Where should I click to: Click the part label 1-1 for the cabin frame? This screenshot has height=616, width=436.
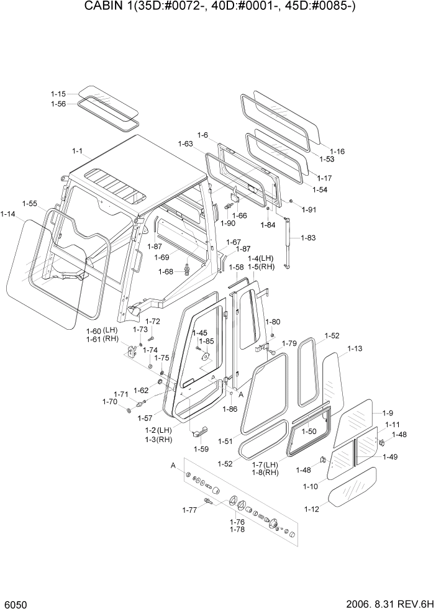pyautogui.click(x=78, y=151)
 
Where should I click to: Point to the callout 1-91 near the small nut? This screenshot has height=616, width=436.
pyautogui.click(x=309, y=210)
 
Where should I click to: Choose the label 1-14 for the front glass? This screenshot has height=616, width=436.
pyautogui.click(x=8, y=214)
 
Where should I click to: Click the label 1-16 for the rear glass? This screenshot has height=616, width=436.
pyautogui.click(x=337, y=151)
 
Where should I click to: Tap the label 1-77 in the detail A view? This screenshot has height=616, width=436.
pyautogui.click(x=189, y=510)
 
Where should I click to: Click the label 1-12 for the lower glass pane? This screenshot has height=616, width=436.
pyautogui.click(x=311, y=509)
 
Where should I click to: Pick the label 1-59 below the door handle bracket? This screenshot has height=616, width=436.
pyautogui.click(x=201, y=449)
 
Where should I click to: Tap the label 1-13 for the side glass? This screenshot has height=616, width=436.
pyautogui.click(x=355, y=349)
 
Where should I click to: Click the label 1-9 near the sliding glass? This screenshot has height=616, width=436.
pyautogui.click(x=388, y=412)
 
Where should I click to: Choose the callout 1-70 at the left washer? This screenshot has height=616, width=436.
pyautogui.click(x=109, y=402)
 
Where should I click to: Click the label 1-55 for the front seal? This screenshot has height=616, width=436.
pyautogui.click(x=29, y=203)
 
